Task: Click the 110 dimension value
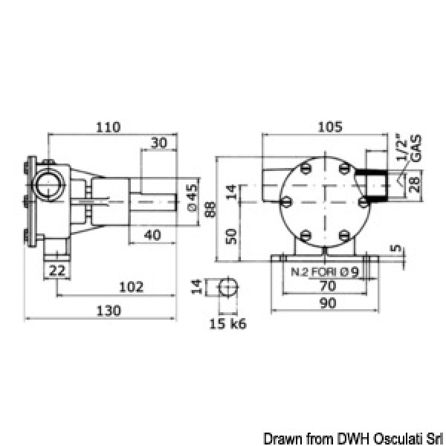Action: (x=108, y=127)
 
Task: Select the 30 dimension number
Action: (x=159, y=143)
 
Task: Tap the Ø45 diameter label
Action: (x=193, y=198)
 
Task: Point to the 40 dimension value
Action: (x=152, y=235)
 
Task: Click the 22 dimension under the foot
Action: (x=57, y=271)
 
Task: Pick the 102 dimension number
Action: (x=131, y=287)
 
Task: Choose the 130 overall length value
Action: (x=109, y=311)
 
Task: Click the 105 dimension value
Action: (x=330, y=127)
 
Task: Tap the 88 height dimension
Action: (x=211, y=209)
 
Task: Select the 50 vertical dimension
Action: (x=231, y=236)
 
